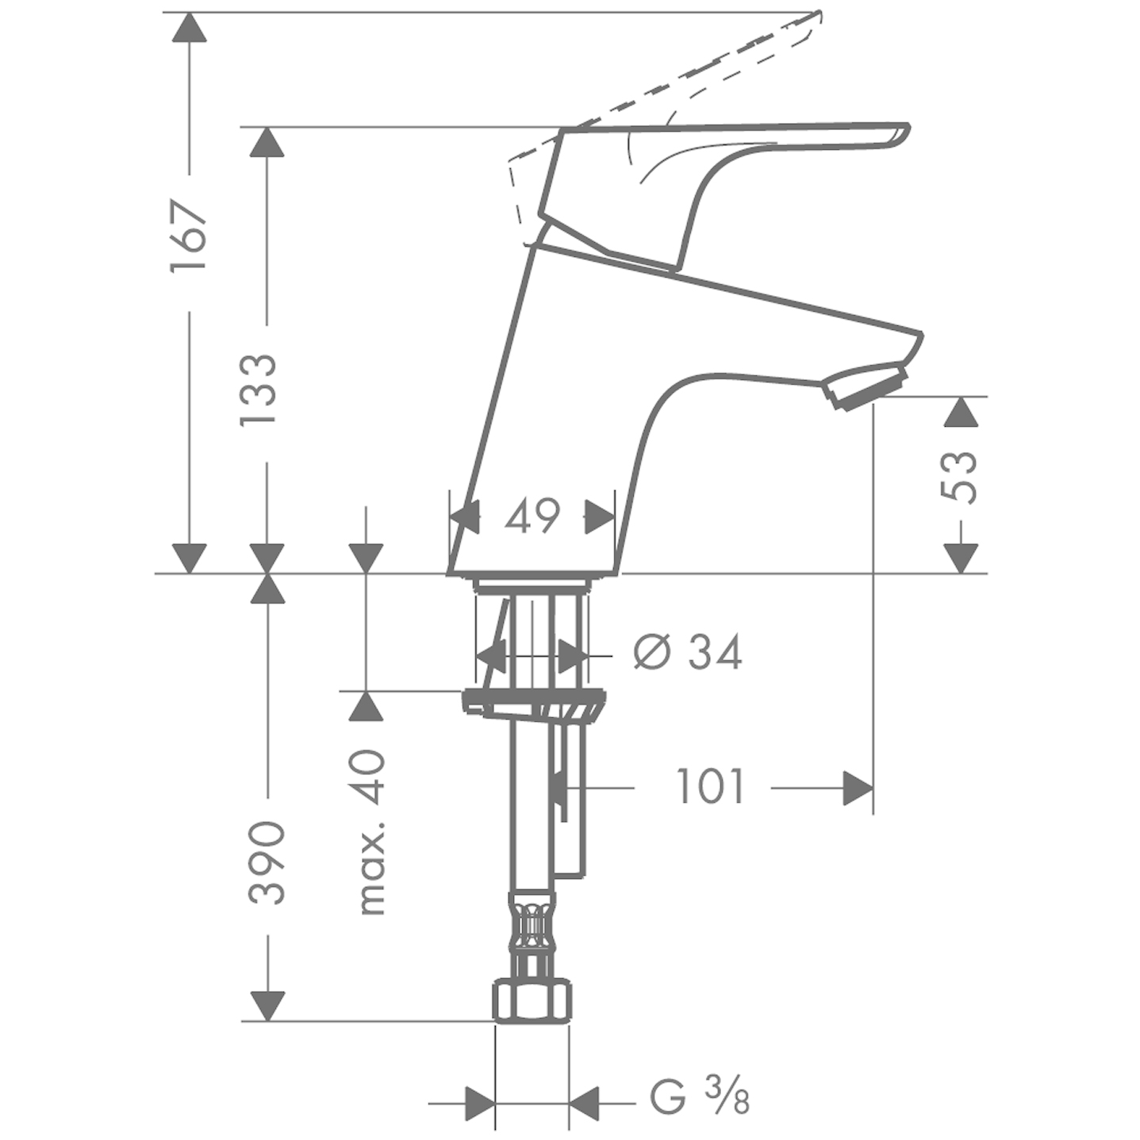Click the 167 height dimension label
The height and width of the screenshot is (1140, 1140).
point(190,236)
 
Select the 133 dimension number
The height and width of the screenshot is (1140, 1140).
point(257,390)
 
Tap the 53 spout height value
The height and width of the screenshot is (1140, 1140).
point(958,478)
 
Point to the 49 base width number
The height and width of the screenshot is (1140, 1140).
point(532,516)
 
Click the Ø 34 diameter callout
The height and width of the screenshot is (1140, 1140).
point(688,652)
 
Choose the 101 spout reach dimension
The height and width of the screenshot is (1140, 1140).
point(709,787)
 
